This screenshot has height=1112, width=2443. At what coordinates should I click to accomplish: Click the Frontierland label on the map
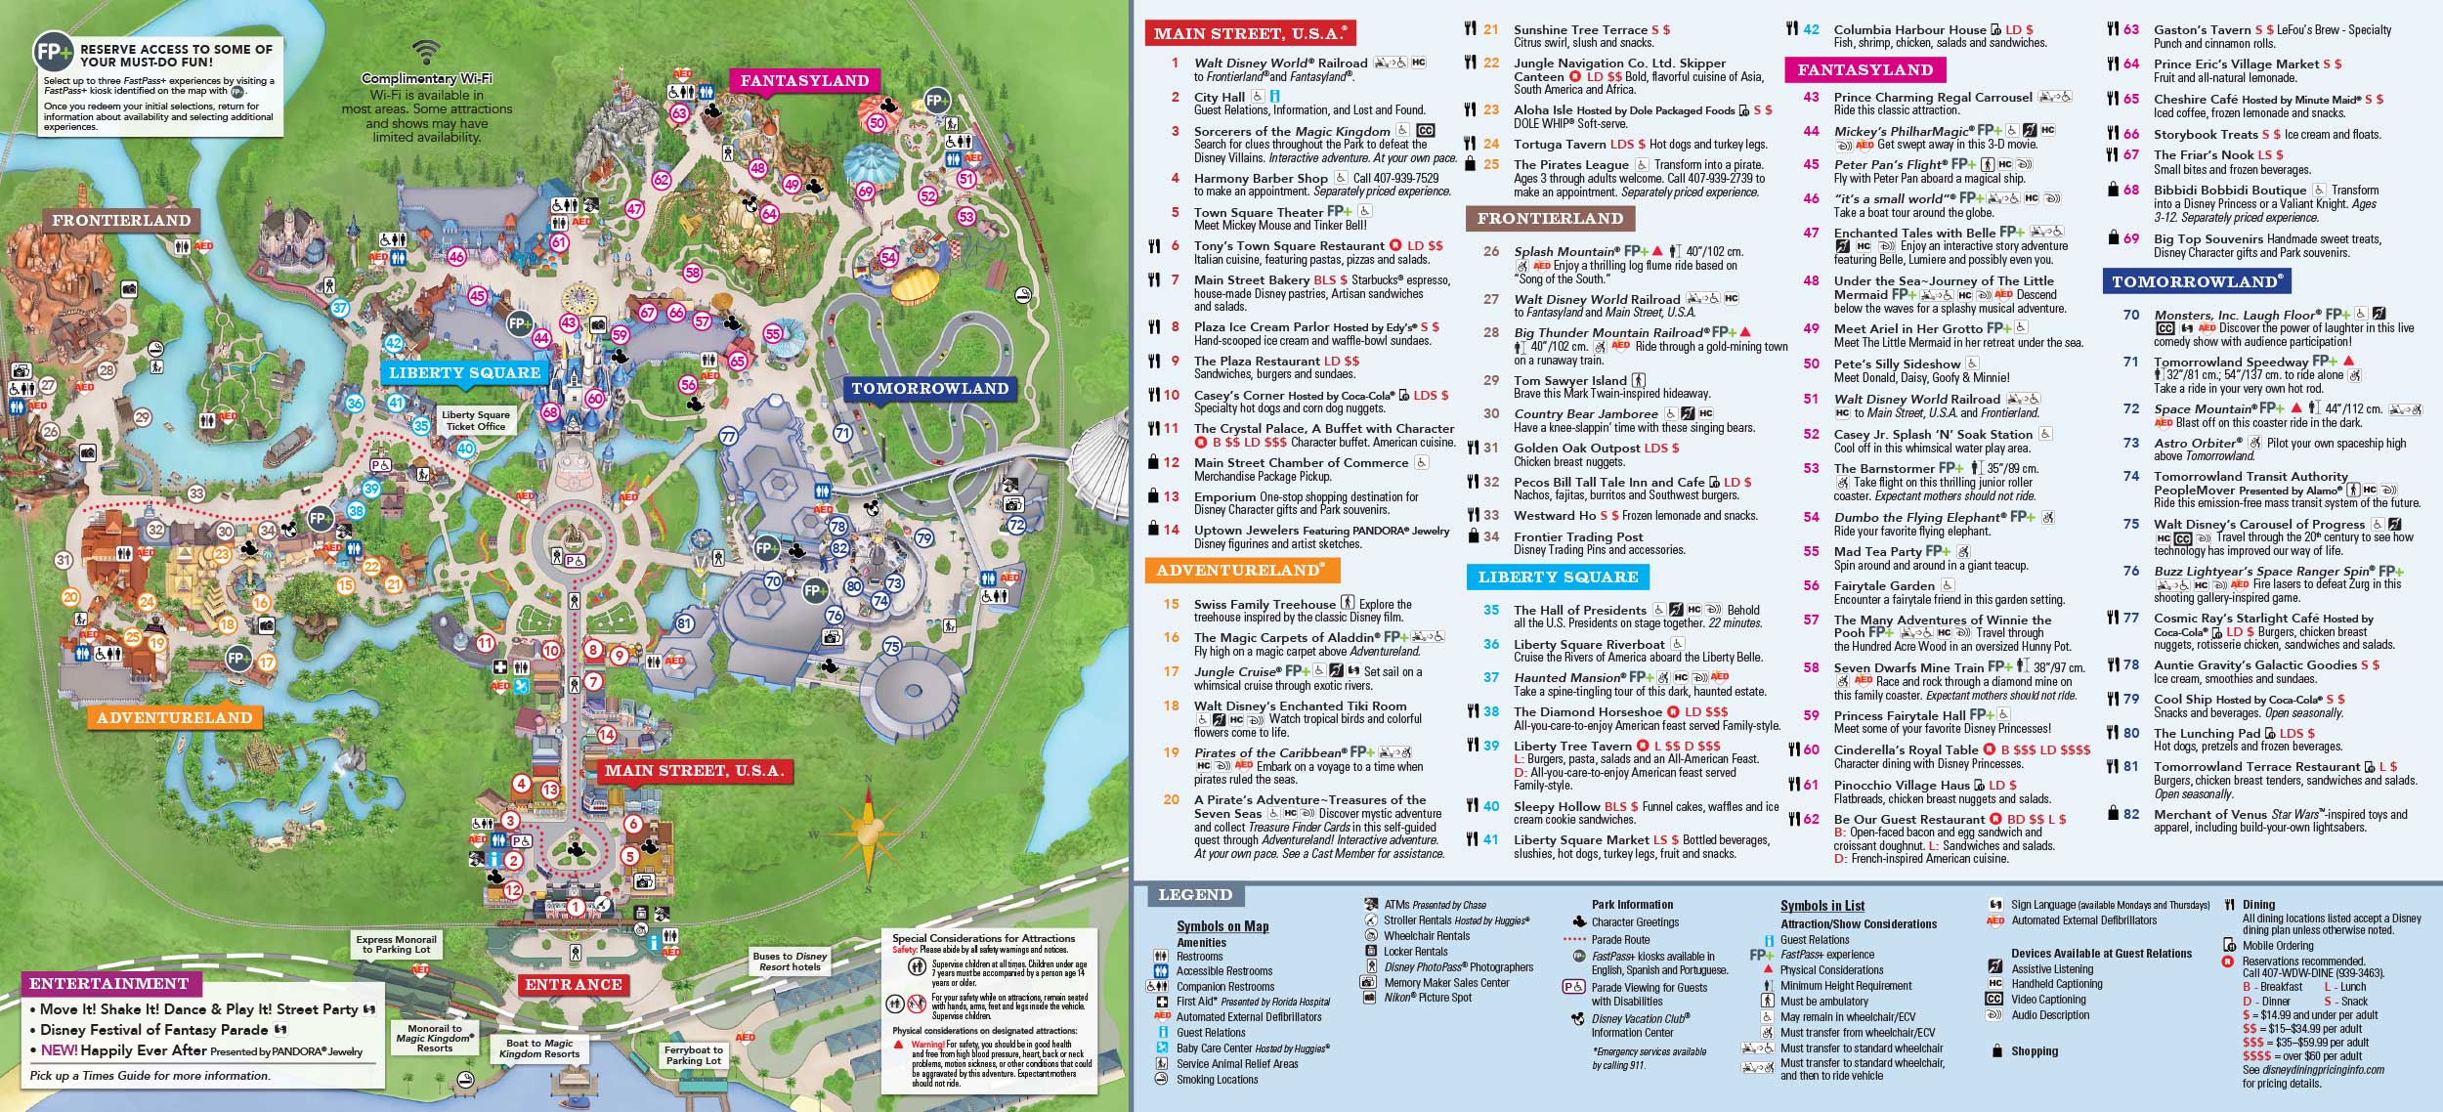(121, 220)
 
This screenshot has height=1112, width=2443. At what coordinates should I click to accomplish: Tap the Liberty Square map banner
(464, 372)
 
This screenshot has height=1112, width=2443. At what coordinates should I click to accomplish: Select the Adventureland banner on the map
(174, 717)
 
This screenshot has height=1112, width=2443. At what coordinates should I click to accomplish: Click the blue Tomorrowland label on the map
(929, 388)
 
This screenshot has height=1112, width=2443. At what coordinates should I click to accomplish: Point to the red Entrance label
(574, 984)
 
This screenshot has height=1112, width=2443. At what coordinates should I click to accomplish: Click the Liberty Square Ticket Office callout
(476, 420)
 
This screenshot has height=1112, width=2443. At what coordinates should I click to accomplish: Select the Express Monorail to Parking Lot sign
(396, 944)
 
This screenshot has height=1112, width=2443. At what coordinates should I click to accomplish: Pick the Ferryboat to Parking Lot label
(693, 1055)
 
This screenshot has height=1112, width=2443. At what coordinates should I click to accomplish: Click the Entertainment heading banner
(109, 983)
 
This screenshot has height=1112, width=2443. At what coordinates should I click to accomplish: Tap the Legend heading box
(1194, 894)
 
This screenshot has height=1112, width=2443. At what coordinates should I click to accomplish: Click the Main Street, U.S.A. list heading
(1250, 33)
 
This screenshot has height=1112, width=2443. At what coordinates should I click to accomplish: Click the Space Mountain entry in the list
(2205, 408)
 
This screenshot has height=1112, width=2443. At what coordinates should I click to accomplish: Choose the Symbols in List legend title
(1822, 906)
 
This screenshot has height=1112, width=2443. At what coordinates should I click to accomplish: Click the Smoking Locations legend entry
(1217, 1079)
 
